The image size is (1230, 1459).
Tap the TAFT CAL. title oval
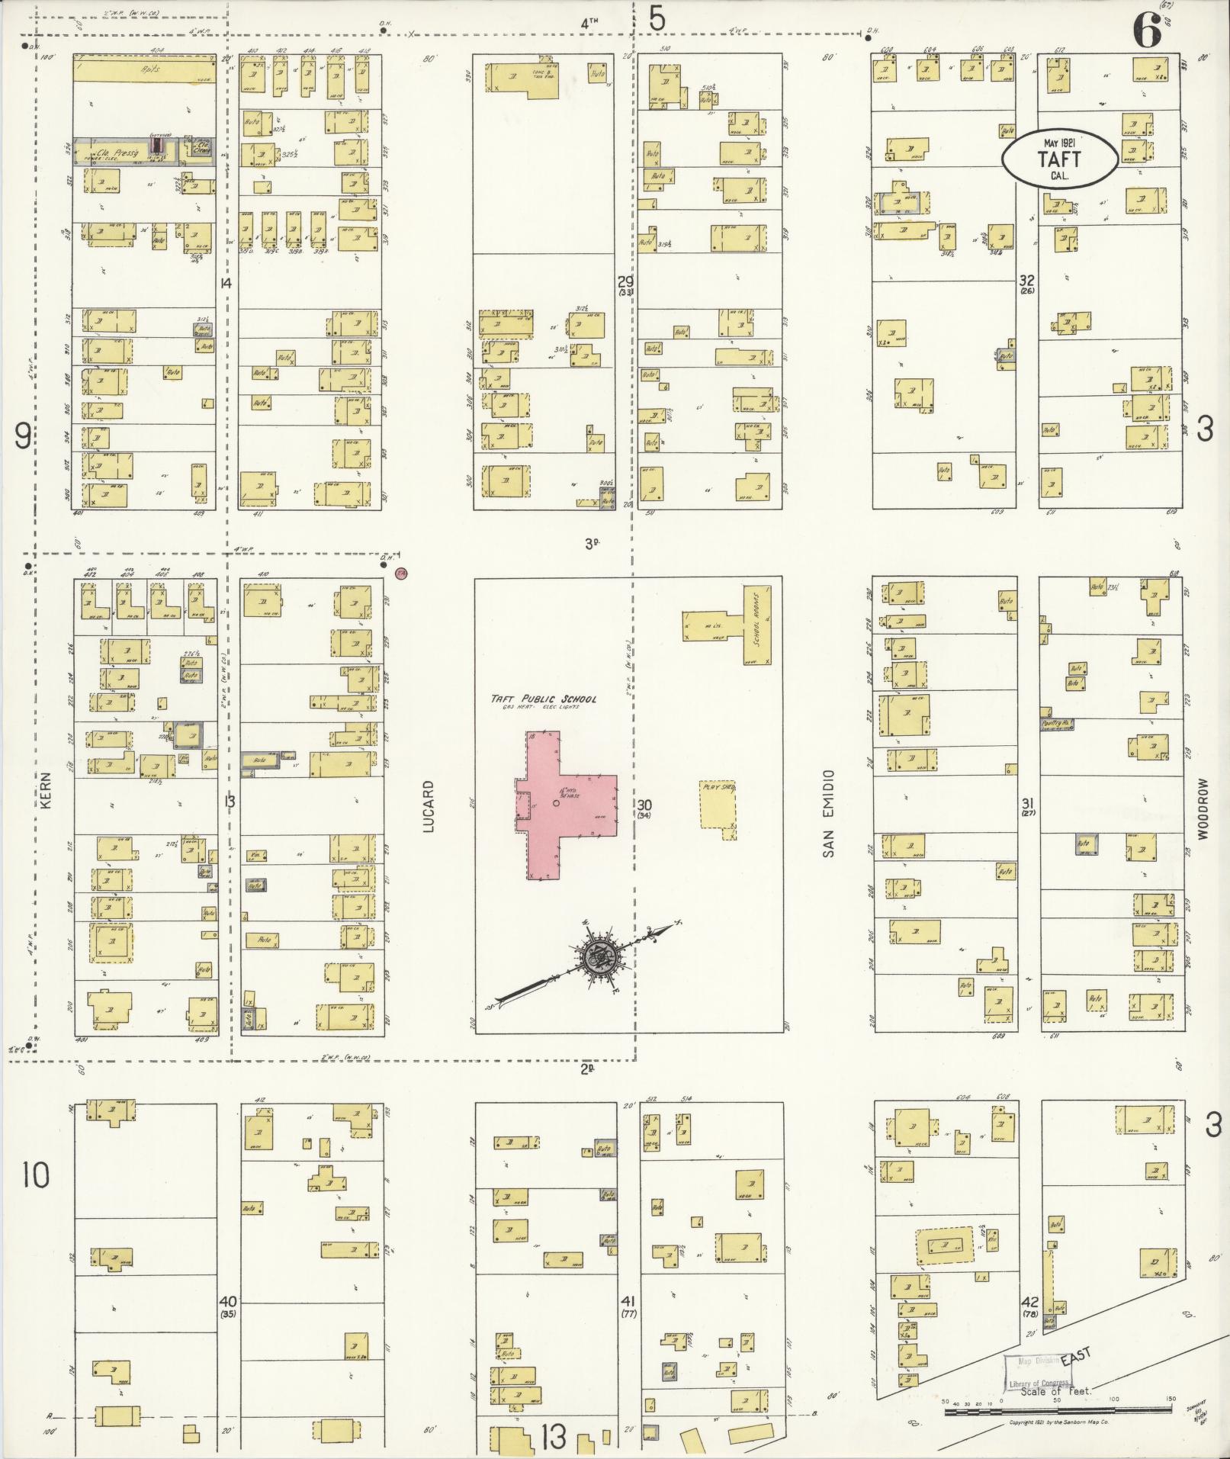1059,158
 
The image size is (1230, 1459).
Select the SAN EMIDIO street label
828,813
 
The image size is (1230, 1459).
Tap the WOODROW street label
1203,809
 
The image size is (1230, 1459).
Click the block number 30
644,805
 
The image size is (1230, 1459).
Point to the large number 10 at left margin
35,1175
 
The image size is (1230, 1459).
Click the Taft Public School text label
544,699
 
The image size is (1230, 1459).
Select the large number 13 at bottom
554,1438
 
